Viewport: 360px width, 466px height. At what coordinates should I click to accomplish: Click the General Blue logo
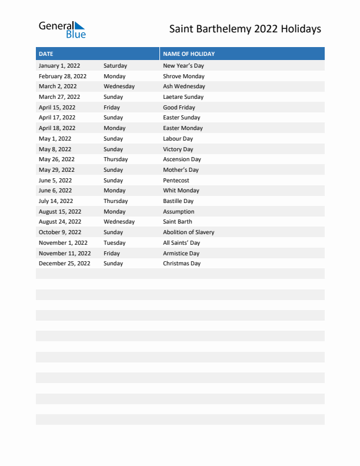click(62, 29)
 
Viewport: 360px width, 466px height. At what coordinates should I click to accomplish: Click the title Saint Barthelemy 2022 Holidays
click(245, 29)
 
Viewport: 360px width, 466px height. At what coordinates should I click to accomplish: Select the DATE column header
click(46, 54)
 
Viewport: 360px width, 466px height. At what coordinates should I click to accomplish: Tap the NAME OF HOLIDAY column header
click(188, 54)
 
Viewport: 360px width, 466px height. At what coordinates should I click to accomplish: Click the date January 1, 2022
click(59, 66)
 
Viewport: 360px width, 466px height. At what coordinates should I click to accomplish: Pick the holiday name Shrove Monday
click(184, 76)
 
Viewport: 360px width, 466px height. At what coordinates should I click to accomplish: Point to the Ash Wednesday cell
click(184, 86)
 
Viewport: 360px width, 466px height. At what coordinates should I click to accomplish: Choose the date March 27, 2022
click(59, 97)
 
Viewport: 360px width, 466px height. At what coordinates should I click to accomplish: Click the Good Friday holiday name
click(179, 108)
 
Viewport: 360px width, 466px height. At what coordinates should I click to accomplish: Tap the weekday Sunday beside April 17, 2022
click(113, 118)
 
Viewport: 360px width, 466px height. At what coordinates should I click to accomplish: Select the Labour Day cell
click(178, 139)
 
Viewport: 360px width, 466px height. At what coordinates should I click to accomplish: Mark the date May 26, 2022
click(56, 159)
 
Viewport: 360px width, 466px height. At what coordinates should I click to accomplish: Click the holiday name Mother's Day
click(181, 170)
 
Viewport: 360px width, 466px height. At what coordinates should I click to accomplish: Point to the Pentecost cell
click(176, 181)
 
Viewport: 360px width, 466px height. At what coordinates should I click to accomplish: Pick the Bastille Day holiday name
click(178, 201)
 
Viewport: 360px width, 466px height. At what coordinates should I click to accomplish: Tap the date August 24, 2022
click(60, 222)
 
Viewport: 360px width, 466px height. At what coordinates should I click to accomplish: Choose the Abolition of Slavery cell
click(188, 232)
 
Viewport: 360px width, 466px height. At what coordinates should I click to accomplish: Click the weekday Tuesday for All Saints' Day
click(114, 243)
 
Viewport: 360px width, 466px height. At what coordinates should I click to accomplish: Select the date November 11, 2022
click(65, 254)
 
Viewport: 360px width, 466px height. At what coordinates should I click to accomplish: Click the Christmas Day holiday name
click(181, 264)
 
